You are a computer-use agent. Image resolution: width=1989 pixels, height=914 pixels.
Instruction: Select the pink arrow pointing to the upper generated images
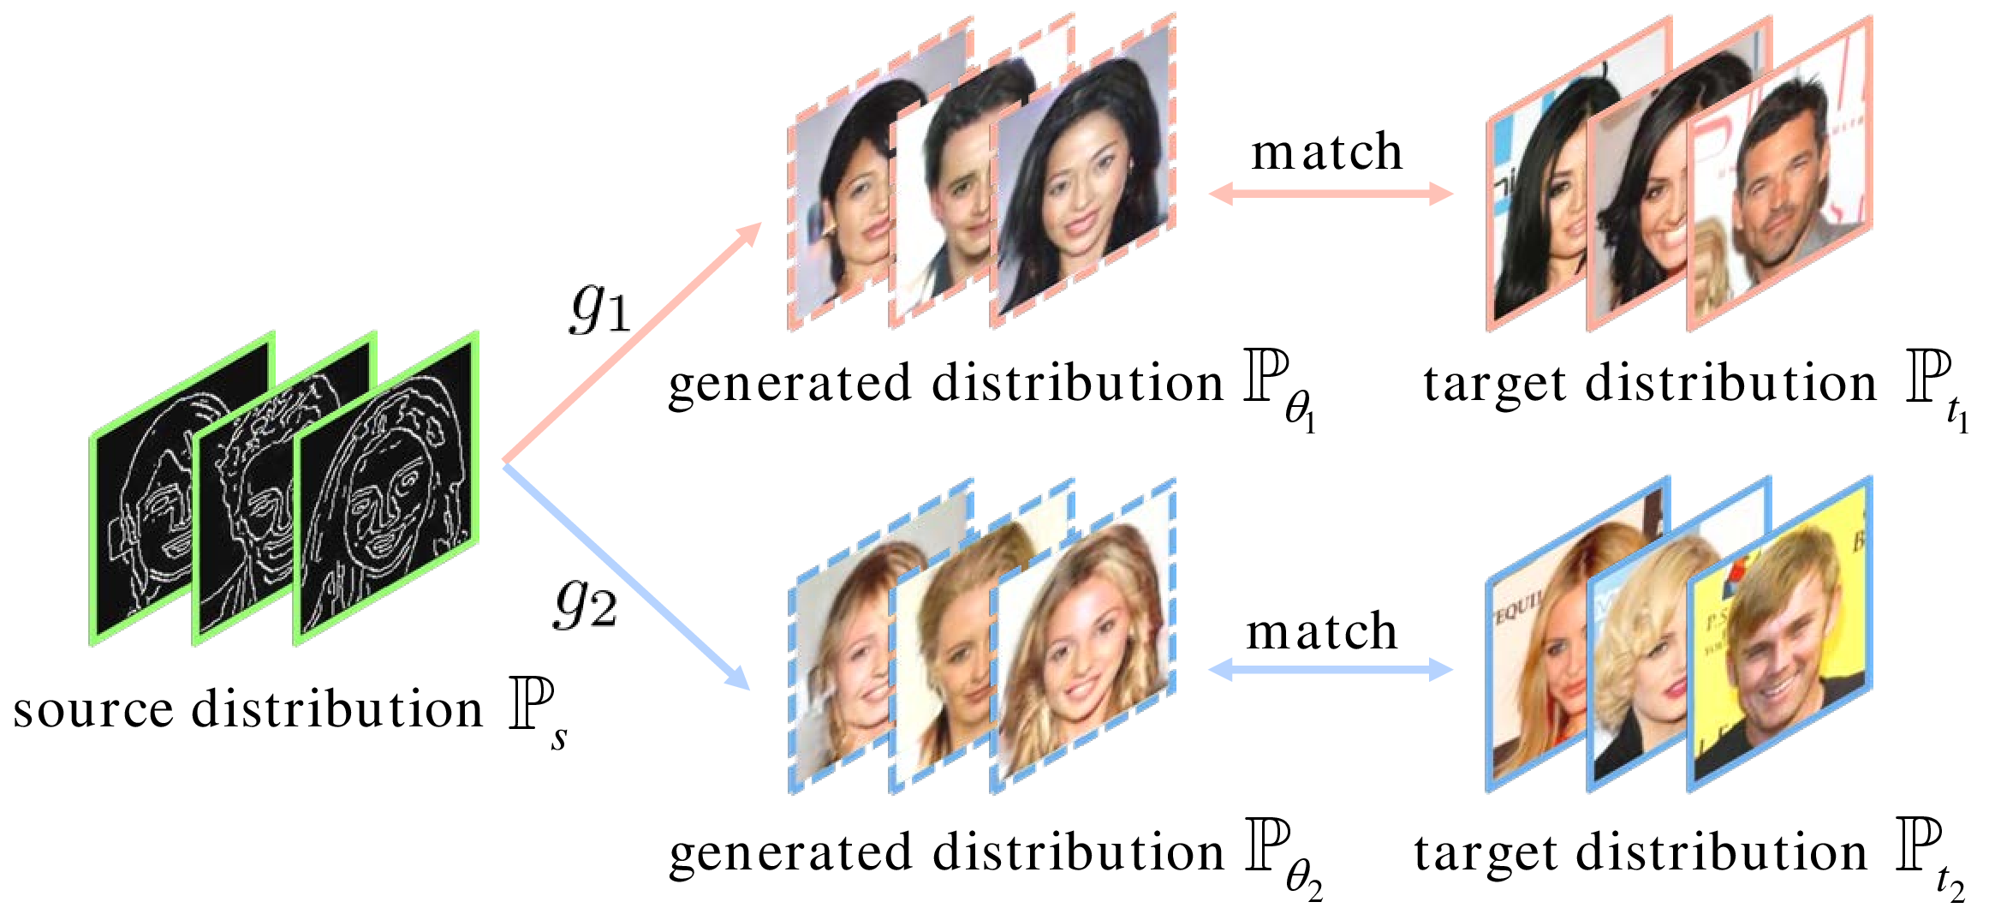[632, 342]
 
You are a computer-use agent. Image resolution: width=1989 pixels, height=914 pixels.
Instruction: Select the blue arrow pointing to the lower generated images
[626, 576]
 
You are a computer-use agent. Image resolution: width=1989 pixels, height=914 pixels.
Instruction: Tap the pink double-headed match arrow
[1331, 194]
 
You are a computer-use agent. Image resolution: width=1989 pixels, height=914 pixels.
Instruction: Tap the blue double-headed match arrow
[1331, 669]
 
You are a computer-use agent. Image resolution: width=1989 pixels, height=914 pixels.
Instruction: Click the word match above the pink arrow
[1326, 152]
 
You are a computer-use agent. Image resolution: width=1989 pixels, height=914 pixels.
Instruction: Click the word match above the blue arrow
[1321, 632]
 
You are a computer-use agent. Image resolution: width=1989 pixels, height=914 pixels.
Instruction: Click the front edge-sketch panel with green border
[385, 488]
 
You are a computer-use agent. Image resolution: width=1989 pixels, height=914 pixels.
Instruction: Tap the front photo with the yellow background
[1779, 635]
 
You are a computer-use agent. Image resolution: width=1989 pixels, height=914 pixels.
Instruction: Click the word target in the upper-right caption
[1494, 384]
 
